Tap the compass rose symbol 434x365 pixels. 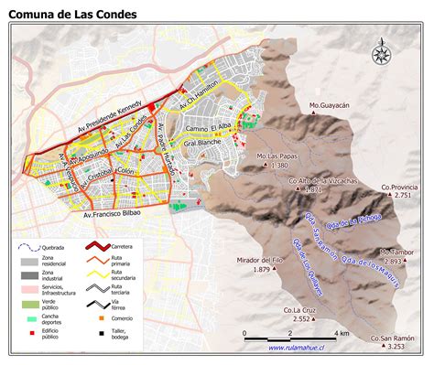(x=380, y=54)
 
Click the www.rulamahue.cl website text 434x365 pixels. (x=300, y=348)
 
